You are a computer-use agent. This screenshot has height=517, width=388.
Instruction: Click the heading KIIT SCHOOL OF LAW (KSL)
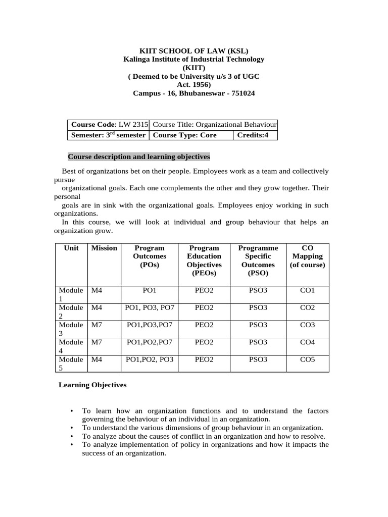[x=194, y=50]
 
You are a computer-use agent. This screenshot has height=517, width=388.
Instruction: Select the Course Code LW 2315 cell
[x=109, y=125]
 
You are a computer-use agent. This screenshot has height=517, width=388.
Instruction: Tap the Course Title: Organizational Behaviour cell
[x=214, y=125]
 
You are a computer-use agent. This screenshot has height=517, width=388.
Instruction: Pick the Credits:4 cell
[x=255, y=135]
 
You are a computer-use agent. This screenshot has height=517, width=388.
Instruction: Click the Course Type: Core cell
[x=190, y=135]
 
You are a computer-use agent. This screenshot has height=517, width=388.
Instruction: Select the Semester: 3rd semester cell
[x=109, y=135]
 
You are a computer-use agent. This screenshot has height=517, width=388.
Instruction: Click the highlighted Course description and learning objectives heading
[x=139, y=157]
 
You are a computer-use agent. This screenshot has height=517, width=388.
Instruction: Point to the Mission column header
[x=104, y=248]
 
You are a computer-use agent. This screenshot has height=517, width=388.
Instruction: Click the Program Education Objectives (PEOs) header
[x=204, y=261]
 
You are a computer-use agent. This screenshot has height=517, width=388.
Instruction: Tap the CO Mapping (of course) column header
[x=307, y=256]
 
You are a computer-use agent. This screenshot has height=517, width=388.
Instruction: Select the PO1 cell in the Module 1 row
[x=150, y=290]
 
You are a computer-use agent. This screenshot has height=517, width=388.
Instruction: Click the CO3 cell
[x=307, y=325]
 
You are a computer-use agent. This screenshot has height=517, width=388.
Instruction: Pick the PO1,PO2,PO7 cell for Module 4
[x=150, y=342]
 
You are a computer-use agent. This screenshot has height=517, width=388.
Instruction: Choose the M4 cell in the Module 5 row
[x=96, y=359]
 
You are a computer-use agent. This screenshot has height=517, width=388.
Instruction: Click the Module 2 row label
[x=71, y=312]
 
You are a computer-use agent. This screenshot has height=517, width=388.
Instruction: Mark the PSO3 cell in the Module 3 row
[x=258, y=325]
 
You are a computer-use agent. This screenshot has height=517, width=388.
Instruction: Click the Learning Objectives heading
[x=92, y=385]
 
